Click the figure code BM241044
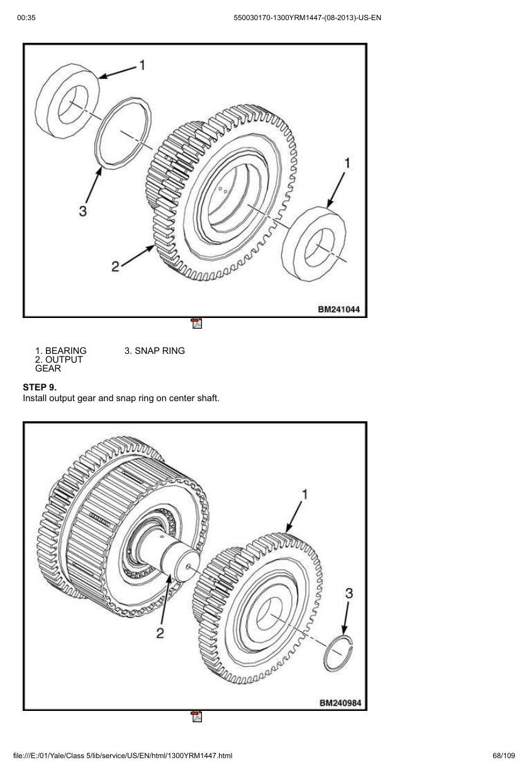(x=338, y=309)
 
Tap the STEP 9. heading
(x=40, y=387)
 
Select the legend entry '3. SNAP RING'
(x=155, y=351)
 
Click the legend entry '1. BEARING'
(x=60, y=351)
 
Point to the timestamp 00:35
(x=26, y=18)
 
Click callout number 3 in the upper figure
(x=82, y=210)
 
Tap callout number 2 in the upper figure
(x=115, y=266)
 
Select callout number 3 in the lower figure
(x=349, y=593)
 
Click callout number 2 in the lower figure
(x=160, y=633)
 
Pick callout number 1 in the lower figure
(x=305, y=494)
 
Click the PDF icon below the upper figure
(x=197, y=323)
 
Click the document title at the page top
(x=307, y=18)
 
